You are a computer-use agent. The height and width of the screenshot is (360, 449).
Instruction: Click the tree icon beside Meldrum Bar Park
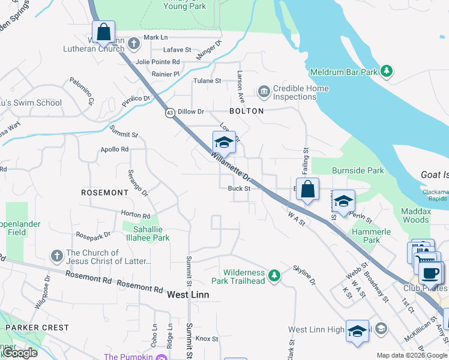click(387, 72)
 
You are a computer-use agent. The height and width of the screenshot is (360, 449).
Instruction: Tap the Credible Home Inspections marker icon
click(264, 92)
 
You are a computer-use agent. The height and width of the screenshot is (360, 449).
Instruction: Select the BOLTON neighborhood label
click(246, 111)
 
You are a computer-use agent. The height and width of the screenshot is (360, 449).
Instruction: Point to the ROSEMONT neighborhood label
click(105, 193)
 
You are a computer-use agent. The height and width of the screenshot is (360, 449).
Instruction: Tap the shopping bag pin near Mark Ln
click(103, 32)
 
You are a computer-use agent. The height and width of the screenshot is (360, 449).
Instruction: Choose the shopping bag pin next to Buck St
click(307, 189)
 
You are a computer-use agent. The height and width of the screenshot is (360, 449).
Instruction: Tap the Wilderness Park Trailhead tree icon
click(274, 275)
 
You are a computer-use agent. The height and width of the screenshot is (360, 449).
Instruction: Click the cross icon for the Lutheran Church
click(133, 43)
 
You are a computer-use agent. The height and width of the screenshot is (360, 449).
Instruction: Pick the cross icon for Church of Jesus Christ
click(57, 256)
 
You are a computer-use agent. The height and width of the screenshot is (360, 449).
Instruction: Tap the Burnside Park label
click(358, 170)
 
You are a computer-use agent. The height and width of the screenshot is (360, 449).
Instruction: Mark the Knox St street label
click(208, 338)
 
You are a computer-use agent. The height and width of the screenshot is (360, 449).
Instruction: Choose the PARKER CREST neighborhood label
click(37, 328)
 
